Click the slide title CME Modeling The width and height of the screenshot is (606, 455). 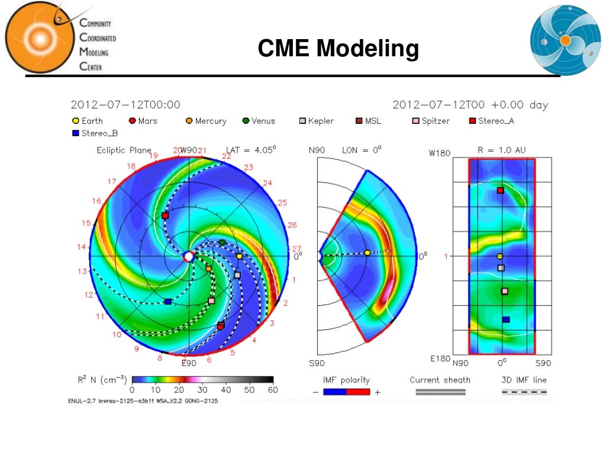pos(338,49)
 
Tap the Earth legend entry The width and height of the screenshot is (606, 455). pos(88,121)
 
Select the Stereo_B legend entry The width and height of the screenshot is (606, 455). pos(94,133)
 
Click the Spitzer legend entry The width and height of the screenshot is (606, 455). pos(431,121)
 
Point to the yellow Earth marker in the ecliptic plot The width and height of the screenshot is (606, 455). pos(239,257)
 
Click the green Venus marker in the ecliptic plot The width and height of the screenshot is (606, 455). pos(222,242)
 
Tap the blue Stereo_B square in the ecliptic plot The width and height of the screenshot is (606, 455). pos(168,302)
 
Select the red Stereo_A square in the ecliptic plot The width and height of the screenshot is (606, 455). pos(165,216)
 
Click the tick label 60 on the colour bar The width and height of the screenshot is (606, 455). pos(273,390)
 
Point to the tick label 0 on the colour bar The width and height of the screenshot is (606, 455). pos(132,390)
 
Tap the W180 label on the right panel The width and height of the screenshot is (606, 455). pos(440,153)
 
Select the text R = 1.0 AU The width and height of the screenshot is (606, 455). pos(502,150)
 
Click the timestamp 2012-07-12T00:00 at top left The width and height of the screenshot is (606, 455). pos(125,105)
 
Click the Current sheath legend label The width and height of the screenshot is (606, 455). pos(440,380)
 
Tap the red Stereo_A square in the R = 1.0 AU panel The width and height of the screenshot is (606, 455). pos(501,190)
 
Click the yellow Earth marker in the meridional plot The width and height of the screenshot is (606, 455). pos(367,253)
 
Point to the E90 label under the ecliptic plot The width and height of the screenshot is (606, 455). pos(189,363)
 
